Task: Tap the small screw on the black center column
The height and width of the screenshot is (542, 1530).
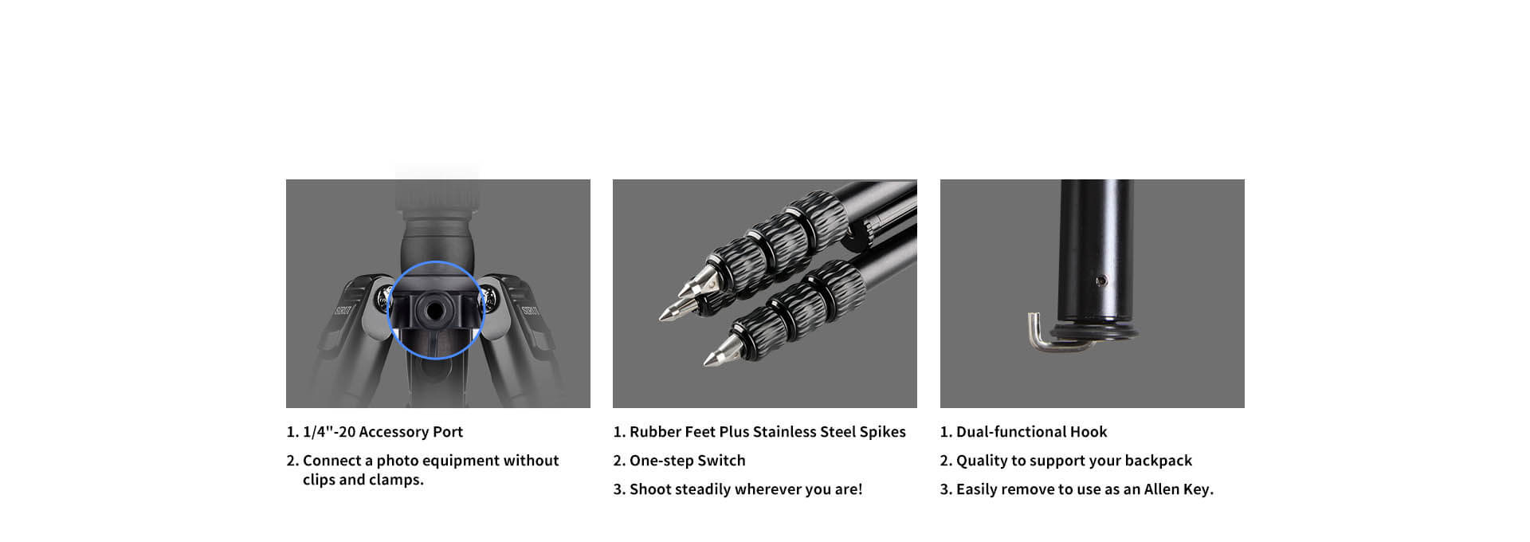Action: click(1100, 281)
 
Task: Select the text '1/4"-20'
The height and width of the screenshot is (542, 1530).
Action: click(329, 431)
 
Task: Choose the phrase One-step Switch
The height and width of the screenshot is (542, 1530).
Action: click(688, 461)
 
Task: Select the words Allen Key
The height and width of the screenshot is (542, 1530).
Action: click(1179, 489)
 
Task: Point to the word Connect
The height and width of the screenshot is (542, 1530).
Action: click(332, 461)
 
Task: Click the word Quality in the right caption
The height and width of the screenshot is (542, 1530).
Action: click(982, 461)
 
